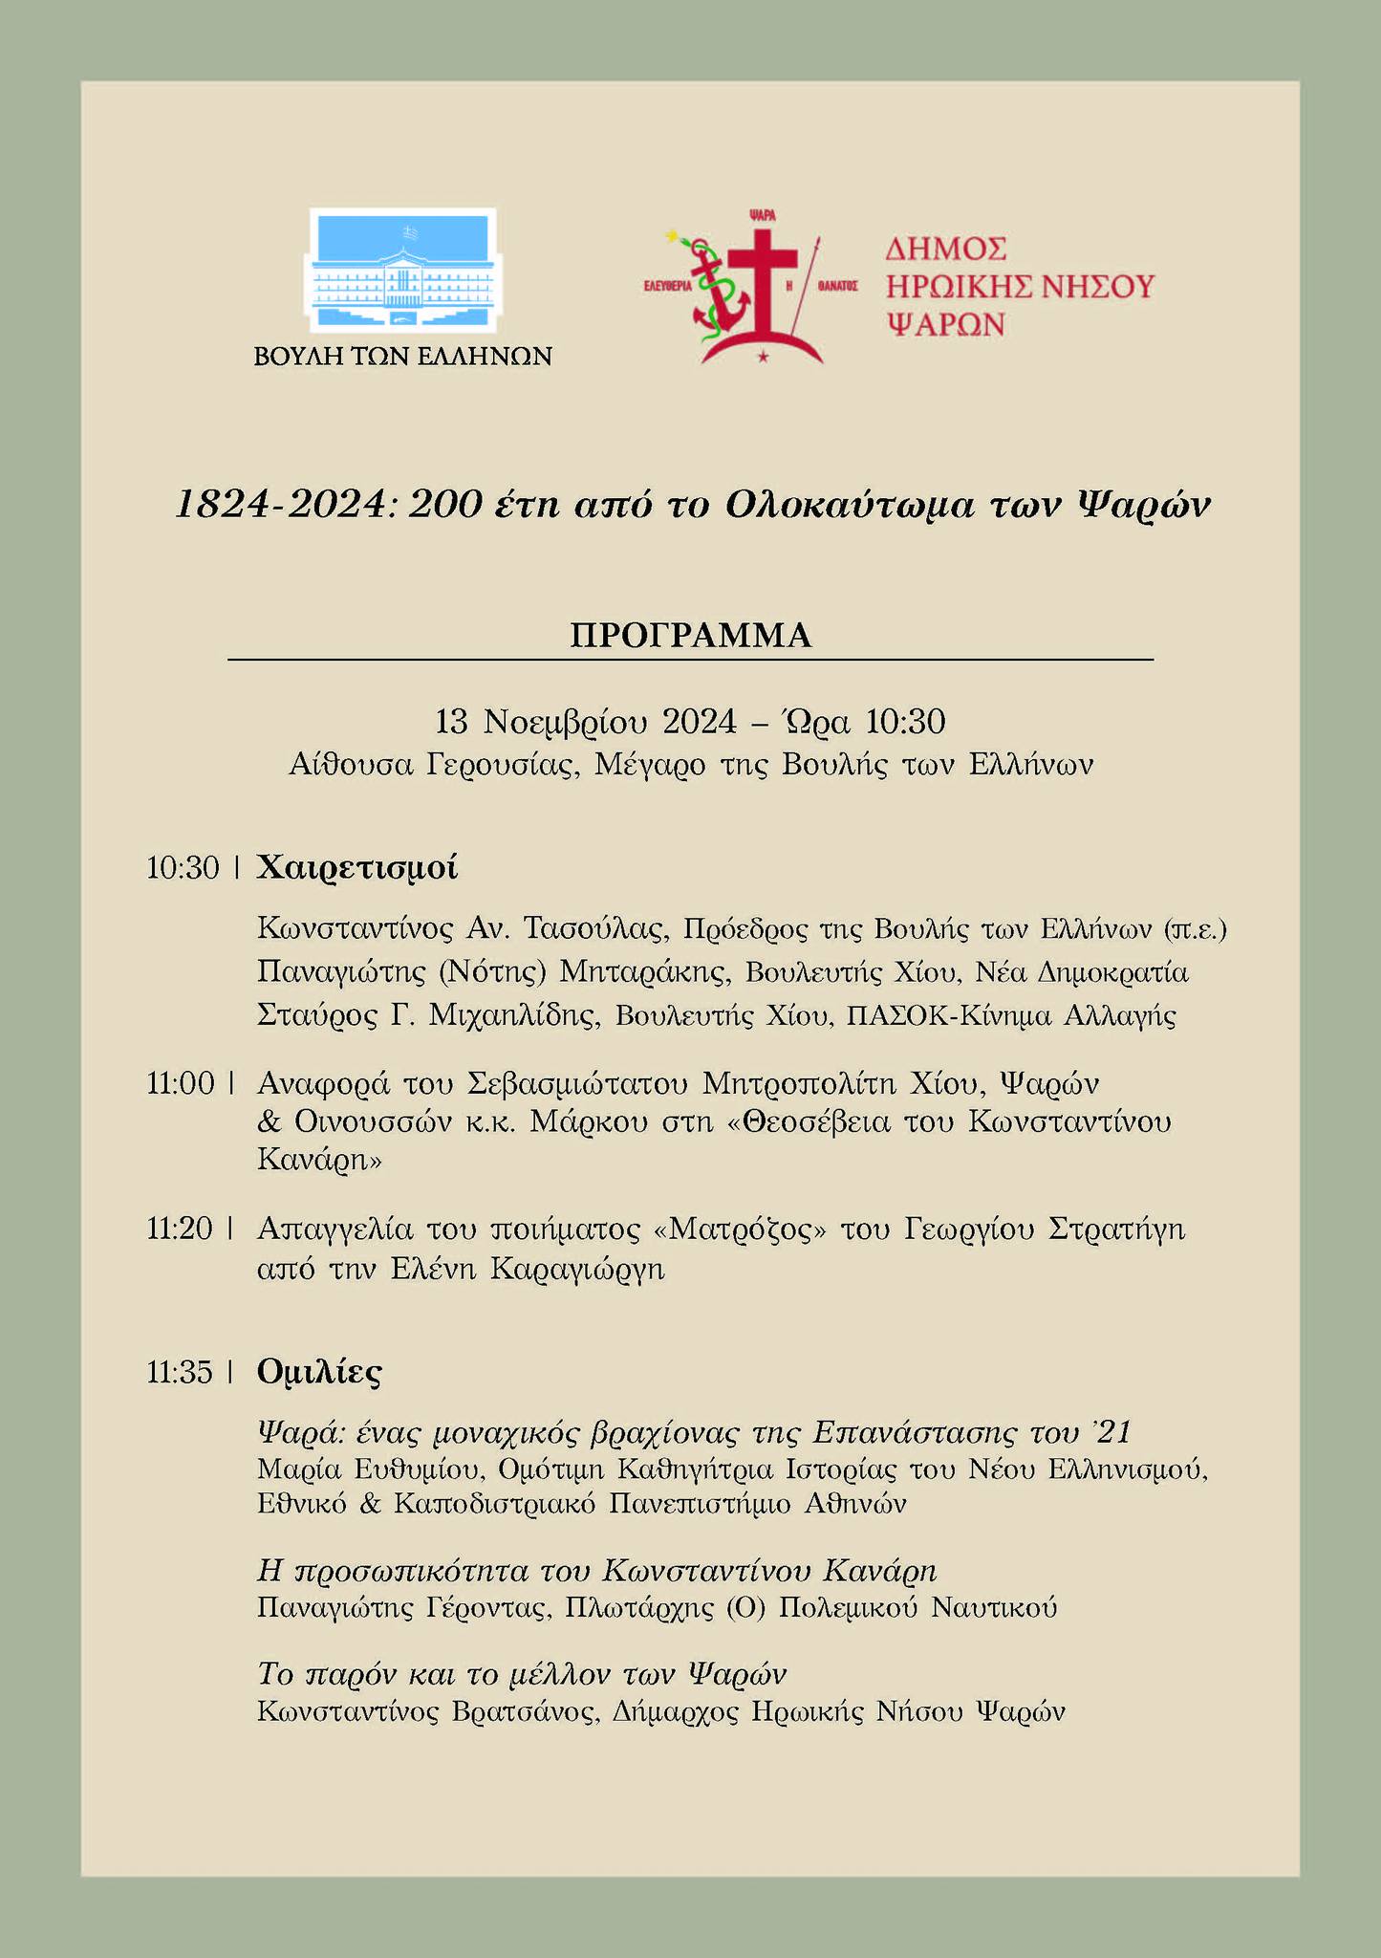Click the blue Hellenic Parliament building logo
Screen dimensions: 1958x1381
pyautogui.click(x=401, y=272)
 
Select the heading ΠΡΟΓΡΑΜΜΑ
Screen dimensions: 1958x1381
pyautogui.click(x=690, y=636)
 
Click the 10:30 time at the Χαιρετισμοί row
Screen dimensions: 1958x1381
pyautogui.click(x=183, y=868)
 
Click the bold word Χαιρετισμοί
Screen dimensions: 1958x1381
pyautogui.click(x=357, y=868)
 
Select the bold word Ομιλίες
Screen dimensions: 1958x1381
pyautogui.click(x=319, y=1373)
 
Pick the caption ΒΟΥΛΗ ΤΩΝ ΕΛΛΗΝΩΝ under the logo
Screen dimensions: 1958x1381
pyautogui.click(x=402, y=357)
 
